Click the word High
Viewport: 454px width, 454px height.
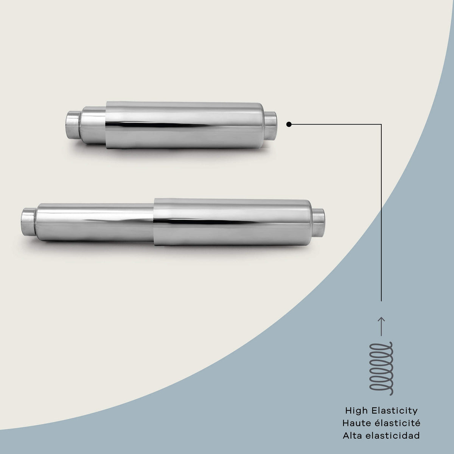356,411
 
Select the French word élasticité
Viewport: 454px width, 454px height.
396,423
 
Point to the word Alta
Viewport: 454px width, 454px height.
352,435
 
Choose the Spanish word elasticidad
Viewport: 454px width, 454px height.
393,435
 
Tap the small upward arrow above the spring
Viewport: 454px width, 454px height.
381,326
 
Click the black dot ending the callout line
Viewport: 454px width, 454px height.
289,124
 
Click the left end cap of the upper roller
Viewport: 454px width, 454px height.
73,125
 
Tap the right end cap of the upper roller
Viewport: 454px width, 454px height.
270,126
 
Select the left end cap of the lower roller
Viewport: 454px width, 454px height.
29,222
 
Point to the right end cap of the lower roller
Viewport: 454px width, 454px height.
319,223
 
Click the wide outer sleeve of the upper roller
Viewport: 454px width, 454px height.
184,125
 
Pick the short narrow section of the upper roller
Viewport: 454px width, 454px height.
93,125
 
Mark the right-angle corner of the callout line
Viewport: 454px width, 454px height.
381,124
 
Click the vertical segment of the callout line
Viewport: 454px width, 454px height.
381,213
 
